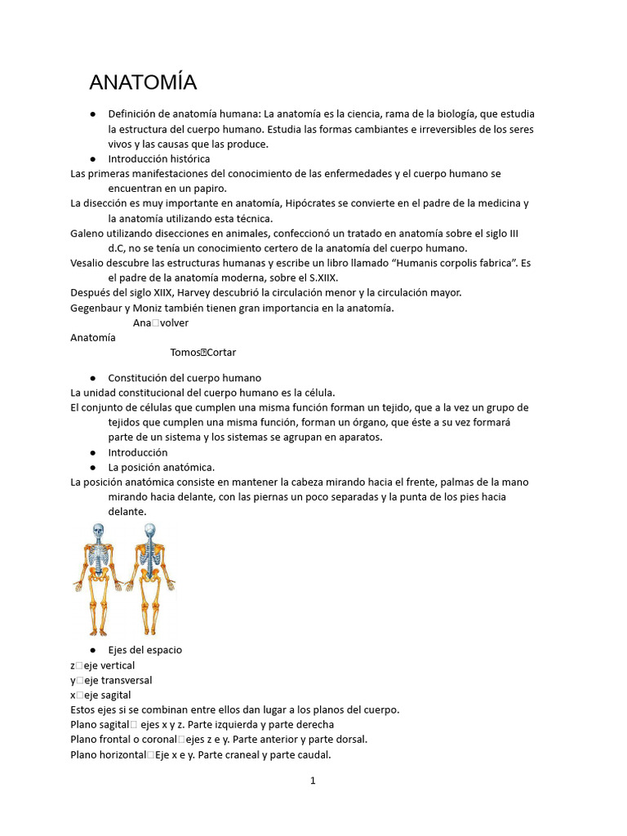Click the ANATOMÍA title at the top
click(143, 82)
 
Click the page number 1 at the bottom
click(313, 780)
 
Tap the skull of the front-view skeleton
click(98, 531)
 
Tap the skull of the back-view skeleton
click(149, 531)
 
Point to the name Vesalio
click(89, 263)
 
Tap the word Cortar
click(221, 352)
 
